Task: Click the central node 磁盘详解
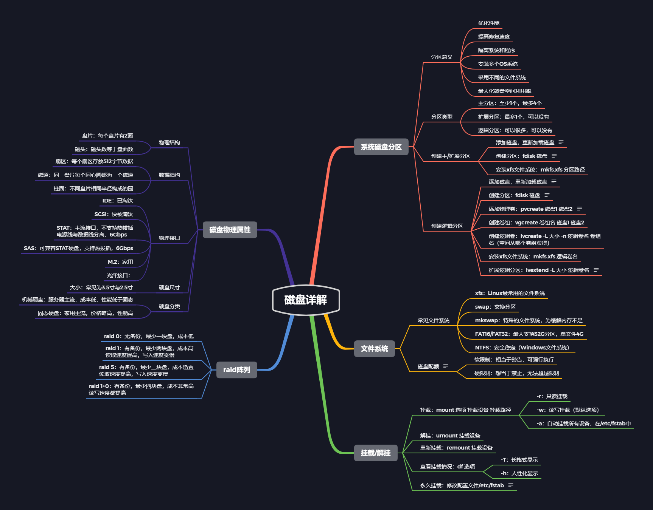point(306,300)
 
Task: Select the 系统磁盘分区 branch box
point(381,147)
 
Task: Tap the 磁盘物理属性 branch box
point(230,230)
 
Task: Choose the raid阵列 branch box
point(236,370)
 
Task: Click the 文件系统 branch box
point(374,349)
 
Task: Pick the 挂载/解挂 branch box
point(375,453)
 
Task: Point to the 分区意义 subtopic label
point(442,57)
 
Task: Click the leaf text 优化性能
point(488,23)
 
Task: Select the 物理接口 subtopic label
point(169,238)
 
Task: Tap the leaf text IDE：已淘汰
point(117,201)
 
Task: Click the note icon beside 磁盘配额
point(446,366)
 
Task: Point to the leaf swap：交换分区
point(495,307)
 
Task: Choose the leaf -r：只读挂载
point(552,396)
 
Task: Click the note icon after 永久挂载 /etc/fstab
point(511,485)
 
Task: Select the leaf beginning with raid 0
point(149,336)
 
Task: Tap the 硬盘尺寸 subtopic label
point(169,287)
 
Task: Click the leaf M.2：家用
point(120,262)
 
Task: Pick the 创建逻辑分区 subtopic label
point(447,226)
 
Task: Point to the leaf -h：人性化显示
point(519,473)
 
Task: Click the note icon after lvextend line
point(596,270)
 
